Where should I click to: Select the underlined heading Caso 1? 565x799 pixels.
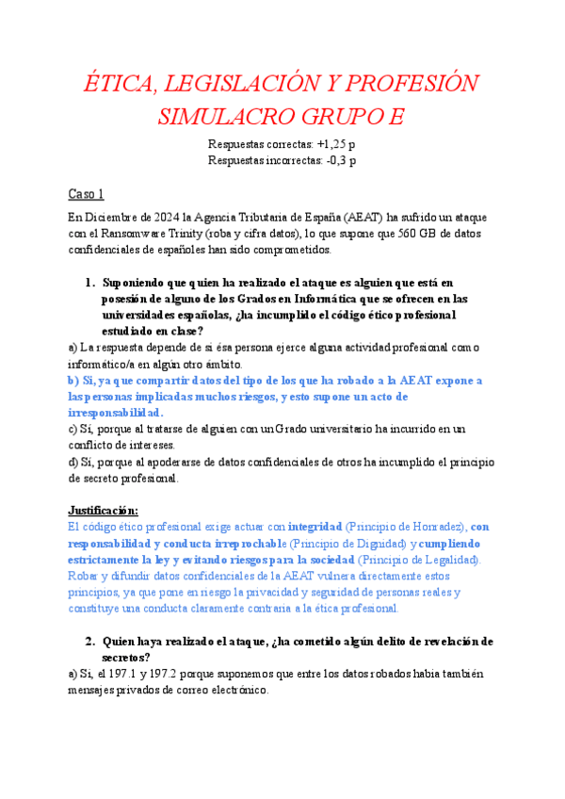point(86,194)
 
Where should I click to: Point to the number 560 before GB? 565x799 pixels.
point(412,234)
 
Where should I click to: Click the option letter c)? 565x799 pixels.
point(74,429)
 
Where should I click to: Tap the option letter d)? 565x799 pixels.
point(74,462)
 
